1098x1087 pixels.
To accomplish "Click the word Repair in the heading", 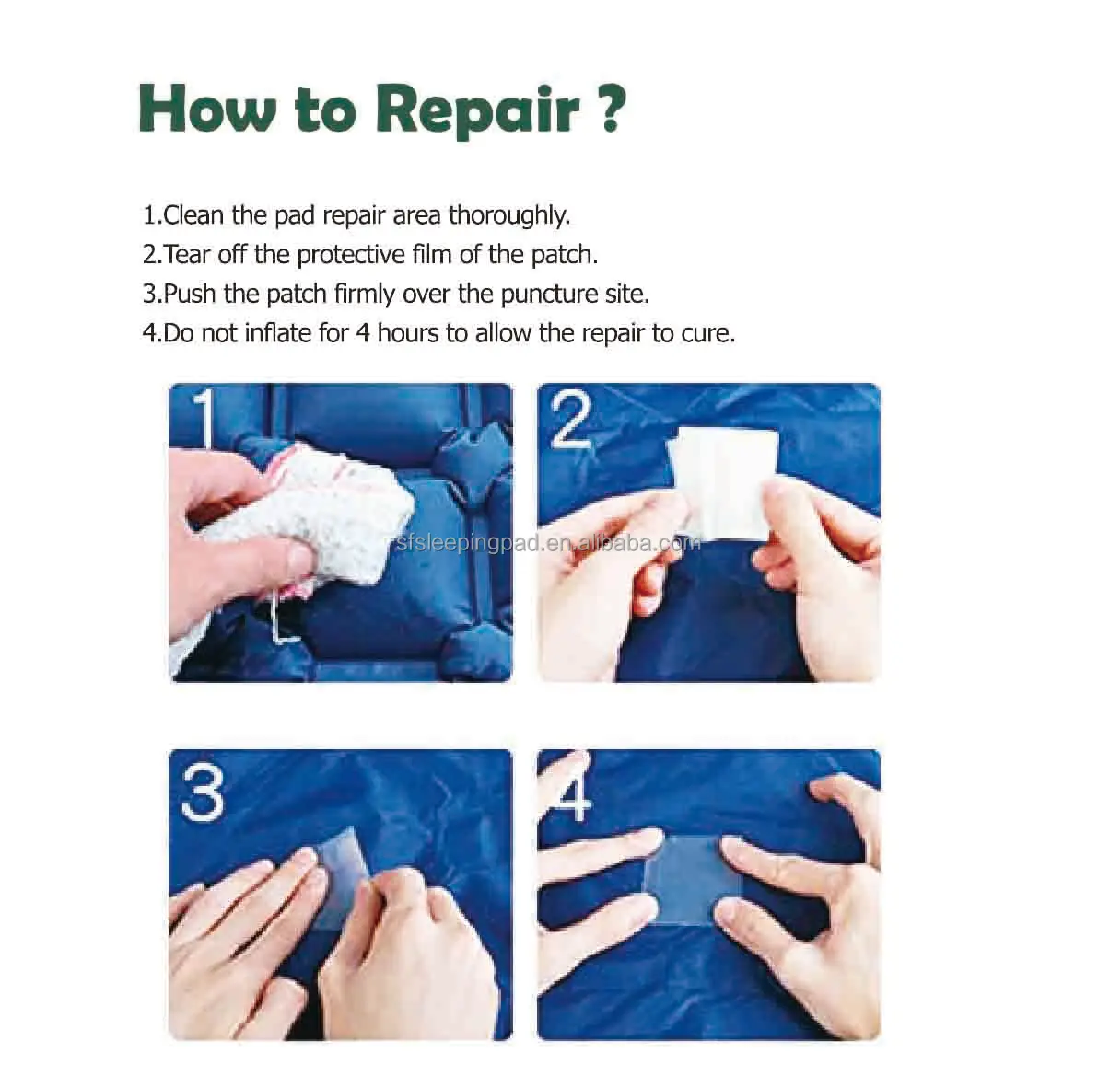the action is point(477,110).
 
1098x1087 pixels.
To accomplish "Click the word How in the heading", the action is point(207,108).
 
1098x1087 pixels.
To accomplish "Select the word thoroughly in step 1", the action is point(509,215).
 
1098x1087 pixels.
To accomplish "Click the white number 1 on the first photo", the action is point(204,418).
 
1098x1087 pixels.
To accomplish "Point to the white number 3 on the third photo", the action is point(203,792).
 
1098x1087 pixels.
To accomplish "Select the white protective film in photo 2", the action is point(723,482).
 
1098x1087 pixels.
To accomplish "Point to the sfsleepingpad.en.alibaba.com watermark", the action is point(547,543).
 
